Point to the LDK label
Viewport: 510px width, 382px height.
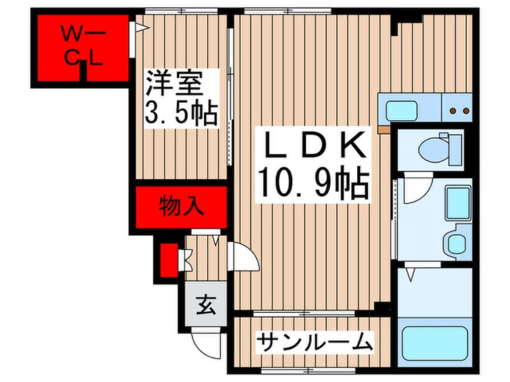[x=312, y=144]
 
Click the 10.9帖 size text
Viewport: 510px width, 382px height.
[x=312, y=181]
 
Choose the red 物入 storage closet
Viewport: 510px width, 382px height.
[x=181, y=207]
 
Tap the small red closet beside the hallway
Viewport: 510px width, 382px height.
[x=169, y=258]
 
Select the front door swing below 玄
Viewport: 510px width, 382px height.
[x=204, y=343]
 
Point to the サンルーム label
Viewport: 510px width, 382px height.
[x=313, y=343]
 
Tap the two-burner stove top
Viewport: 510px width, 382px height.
[x=459, y=110]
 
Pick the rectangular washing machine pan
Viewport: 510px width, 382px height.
[x=458, y=203]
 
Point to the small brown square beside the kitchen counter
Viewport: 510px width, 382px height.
[x=382, y=128]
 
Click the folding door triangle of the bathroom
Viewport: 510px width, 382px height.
[x=411, y=275]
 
